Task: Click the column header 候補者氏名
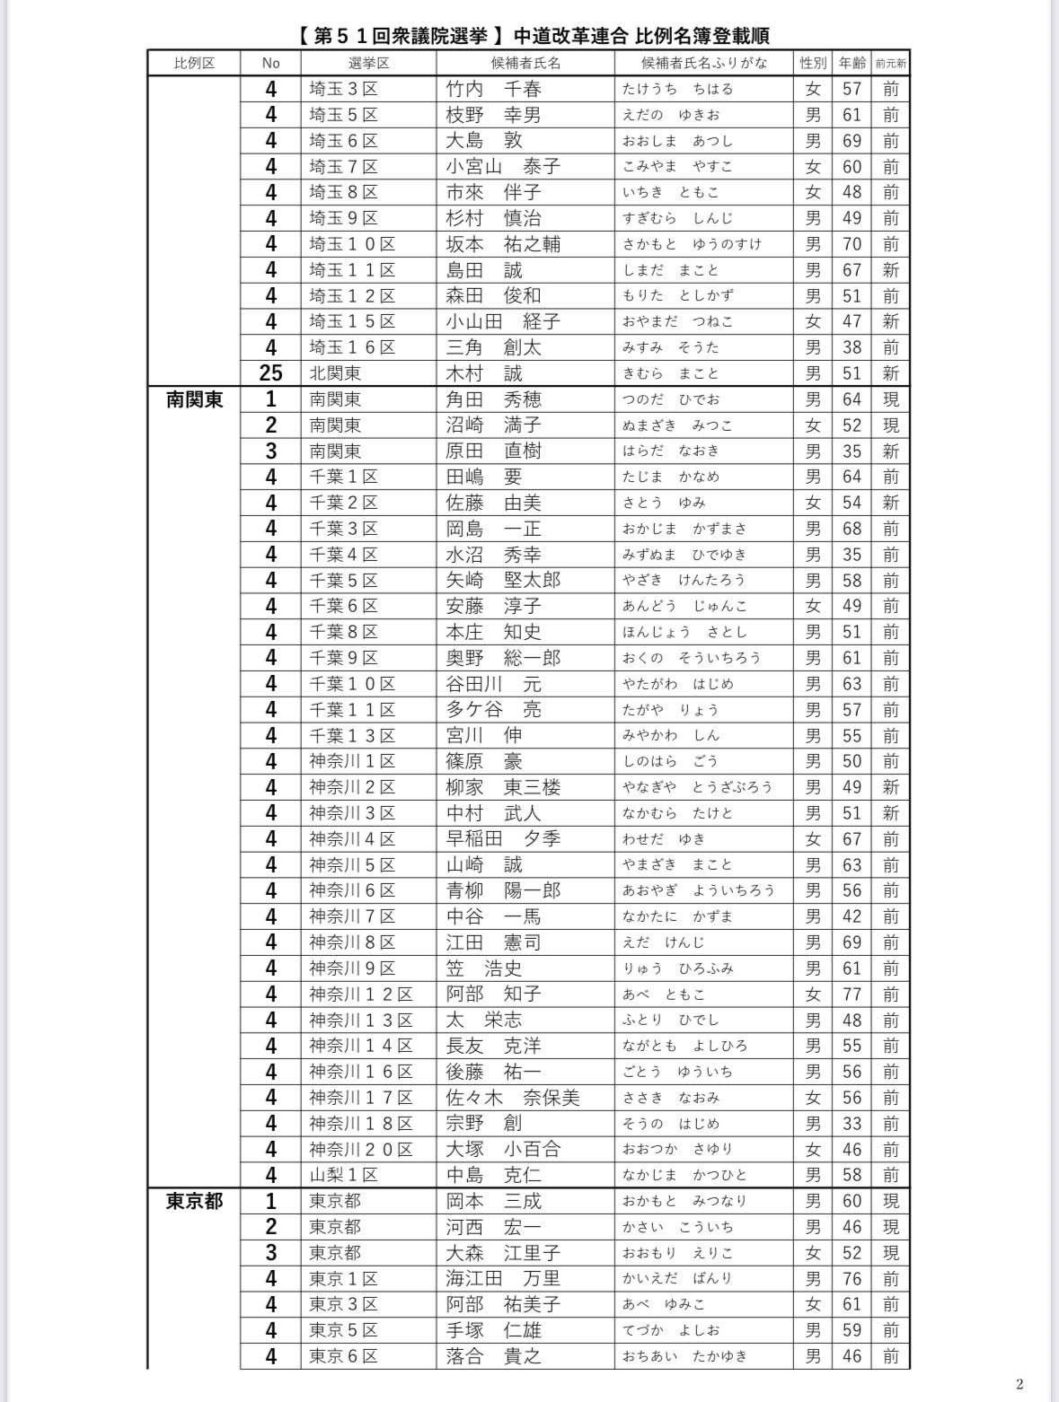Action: pos(525,63)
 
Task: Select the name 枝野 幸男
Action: pos(493,115)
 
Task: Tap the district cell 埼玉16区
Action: pos(352,347)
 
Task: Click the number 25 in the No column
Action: pos(270,373)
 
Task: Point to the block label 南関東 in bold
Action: pos(194,399)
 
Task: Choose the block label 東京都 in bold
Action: pos(194,1201)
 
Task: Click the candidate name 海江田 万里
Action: pos(503,1278)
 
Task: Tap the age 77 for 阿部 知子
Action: pos(852,995)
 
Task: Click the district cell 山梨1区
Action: pos(344,1175)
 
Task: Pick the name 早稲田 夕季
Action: pos(503,839)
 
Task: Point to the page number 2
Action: pos(1019,1383)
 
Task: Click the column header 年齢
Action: pos(852,63)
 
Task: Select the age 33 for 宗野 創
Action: pos(852,1124)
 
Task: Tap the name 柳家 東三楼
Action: pos(503,787)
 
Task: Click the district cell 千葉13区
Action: pos(352,736)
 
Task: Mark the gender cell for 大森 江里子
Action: pos(813,1253)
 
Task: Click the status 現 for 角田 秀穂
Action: pos(890,399)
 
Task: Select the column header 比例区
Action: pos(194,63)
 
